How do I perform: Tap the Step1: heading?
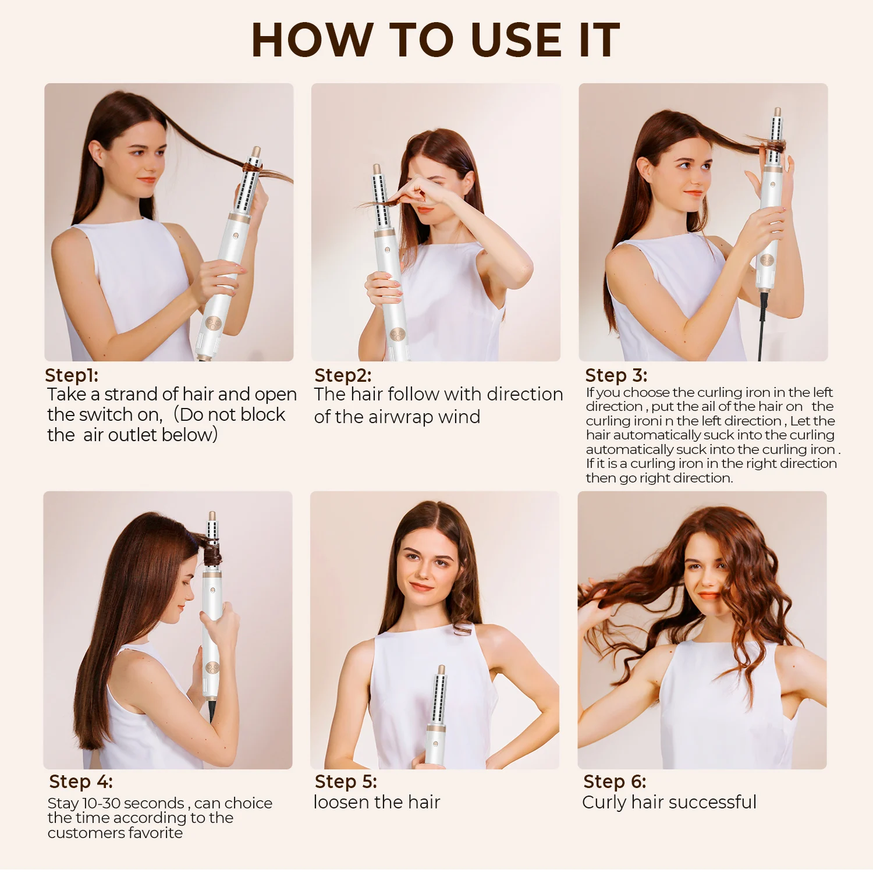(72, 375)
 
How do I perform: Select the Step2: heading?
(343, 375)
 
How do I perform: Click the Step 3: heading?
(616, 375)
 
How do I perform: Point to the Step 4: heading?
(81, 782)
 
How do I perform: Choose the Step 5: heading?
(346, 782)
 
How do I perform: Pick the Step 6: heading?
(615, 782)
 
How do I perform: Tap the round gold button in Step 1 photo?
(213, 324)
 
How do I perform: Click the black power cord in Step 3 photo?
(762, 326)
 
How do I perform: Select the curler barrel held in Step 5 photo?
(439, 698)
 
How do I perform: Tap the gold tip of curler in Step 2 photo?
(377, 169)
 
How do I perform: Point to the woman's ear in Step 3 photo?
(645, 170)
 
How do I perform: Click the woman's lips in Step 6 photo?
(709, 595)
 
